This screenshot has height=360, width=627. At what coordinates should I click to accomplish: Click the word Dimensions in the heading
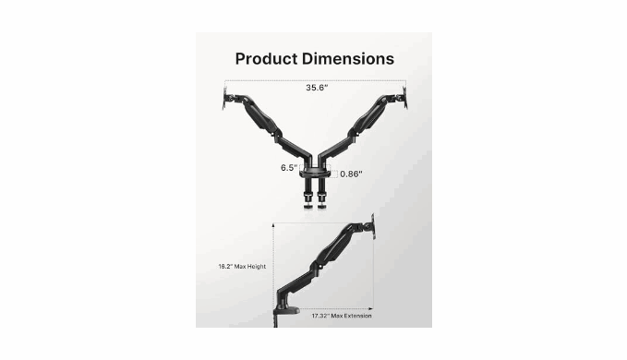pos(348,59)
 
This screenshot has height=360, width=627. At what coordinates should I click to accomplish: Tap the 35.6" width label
pos(317,88)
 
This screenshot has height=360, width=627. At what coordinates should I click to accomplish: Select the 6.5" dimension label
pos(289,168)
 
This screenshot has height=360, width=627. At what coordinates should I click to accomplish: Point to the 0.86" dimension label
pos(351,174)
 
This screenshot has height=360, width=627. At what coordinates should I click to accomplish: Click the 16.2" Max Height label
pos(242,267)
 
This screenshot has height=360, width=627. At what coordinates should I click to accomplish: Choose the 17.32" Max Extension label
pos(342,316)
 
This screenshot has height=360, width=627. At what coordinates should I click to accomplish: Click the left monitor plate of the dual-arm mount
pos(225,97)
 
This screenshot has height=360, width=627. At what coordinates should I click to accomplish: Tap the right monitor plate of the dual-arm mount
pos(405,97)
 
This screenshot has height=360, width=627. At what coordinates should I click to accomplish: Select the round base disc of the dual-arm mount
pos(315,174)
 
